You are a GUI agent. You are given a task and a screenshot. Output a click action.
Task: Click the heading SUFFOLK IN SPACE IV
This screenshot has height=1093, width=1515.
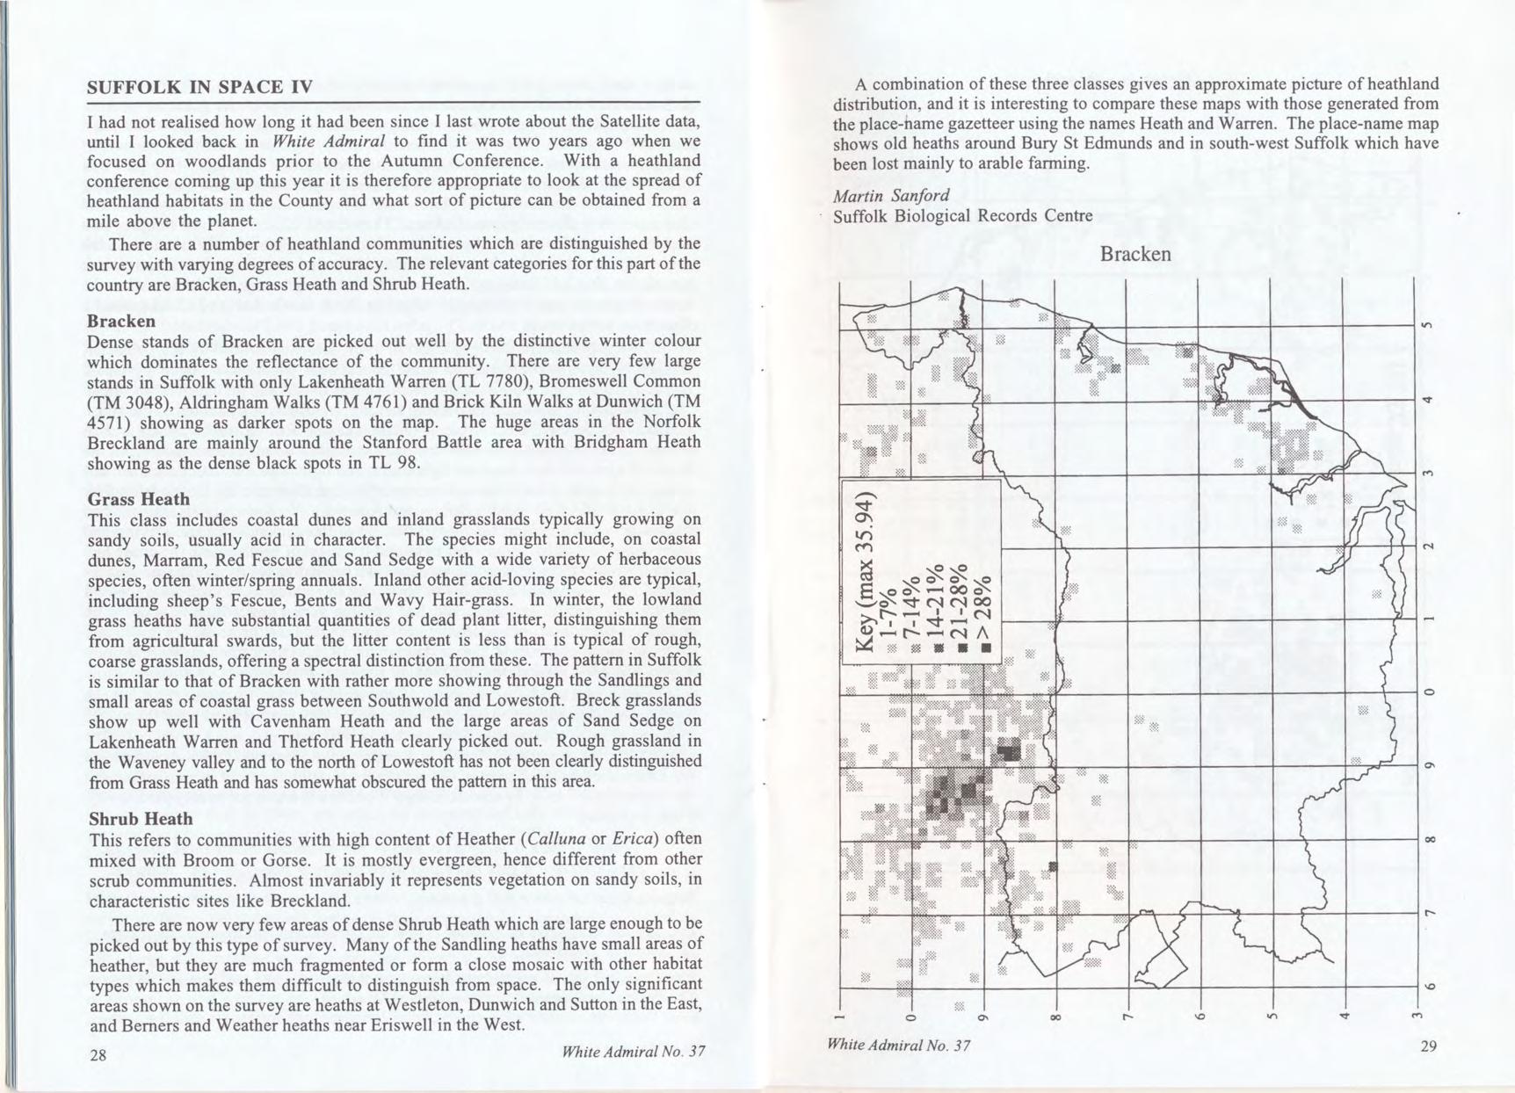199,87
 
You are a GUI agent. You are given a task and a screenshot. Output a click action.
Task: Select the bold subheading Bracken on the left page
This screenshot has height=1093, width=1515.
121,321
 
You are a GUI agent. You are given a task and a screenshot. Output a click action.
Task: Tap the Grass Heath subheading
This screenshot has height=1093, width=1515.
138,499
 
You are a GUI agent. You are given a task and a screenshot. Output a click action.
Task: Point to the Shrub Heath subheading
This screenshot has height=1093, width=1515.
140,819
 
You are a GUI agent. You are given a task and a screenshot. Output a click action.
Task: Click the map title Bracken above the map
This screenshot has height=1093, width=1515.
1135,254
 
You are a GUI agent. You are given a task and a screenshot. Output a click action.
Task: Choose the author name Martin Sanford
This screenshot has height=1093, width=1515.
891,194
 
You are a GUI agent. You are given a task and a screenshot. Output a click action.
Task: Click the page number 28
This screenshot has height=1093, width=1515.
98,1054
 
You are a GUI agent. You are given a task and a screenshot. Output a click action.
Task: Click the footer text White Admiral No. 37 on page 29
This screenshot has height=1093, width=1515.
898,1045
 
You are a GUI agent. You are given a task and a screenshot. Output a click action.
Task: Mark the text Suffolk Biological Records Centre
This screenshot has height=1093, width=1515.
962,216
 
